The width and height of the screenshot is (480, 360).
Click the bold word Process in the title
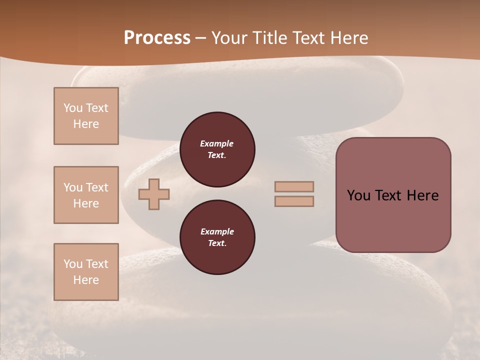click(157, 38)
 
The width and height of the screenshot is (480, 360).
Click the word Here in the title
click(349, 38)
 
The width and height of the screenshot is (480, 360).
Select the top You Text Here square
click(86, 116)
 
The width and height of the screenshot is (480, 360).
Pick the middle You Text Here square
click(86, 195)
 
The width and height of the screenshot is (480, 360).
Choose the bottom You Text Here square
click(86, 272)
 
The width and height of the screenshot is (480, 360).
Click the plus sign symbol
click(154, 194)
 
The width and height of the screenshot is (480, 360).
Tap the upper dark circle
click(217, 149)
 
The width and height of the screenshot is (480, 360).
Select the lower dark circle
click(217, 237)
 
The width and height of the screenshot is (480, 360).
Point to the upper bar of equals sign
click(294, 186)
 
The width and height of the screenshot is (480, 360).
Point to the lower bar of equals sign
click(294, 201)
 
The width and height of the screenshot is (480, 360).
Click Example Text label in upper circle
click(217, 149)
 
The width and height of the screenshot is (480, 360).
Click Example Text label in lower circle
click(217, 237)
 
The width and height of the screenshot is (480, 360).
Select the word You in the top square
click(72, 108)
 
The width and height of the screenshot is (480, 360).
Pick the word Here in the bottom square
click(86, 280)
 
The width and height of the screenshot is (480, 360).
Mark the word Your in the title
click(231, 38)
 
